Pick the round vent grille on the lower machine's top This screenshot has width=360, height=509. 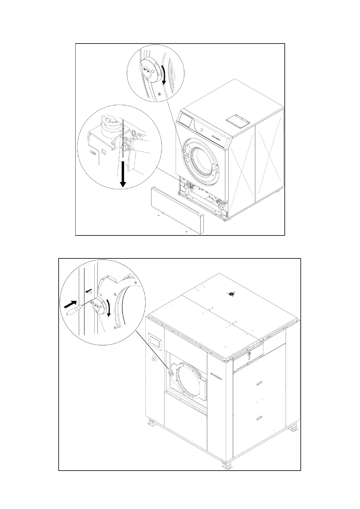tap(232, 293)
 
